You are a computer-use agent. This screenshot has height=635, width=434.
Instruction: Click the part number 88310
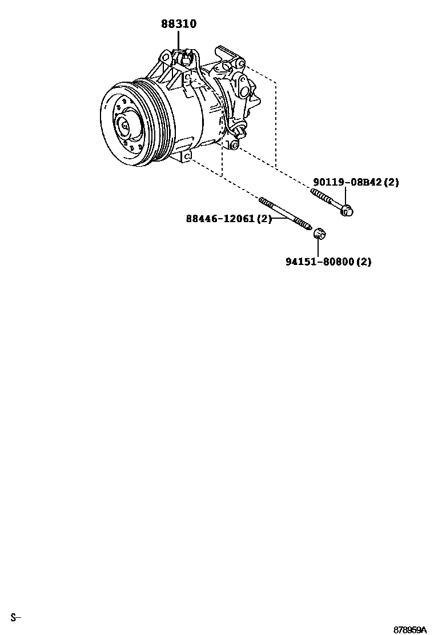pos(178,24)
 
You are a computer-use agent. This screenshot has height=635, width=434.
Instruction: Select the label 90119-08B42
pos(347,183)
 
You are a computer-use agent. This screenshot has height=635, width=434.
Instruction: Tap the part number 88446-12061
pos(220,219)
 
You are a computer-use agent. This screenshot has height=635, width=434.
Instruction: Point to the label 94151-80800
pos(319,262)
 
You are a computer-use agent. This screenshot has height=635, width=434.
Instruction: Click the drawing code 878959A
pos(409,630)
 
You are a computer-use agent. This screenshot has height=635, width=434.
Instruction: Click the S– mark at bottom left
pos(15,617)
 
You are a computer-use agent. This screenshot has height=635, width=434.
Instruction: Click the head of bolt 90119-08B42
pos(346,211)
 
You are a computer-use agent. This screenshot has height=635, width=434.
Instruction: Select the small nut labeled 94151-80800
pos(320,233)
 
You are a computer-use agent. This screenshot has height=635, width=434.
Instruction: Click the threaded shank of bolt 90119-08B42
pos(324,199)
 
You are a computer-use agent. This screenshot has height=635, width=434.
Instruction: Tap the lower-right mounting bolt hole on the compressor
pos(233,146)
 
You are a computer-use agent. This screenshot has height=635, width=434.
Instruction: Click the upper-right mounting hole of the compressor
pos(240,62)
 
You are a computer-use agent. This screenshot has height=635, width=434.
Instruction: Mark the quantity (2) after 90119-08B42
pos(391,183)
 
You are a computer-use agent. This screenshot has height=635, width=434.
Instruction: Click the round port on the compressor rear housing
pos(244,91)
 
